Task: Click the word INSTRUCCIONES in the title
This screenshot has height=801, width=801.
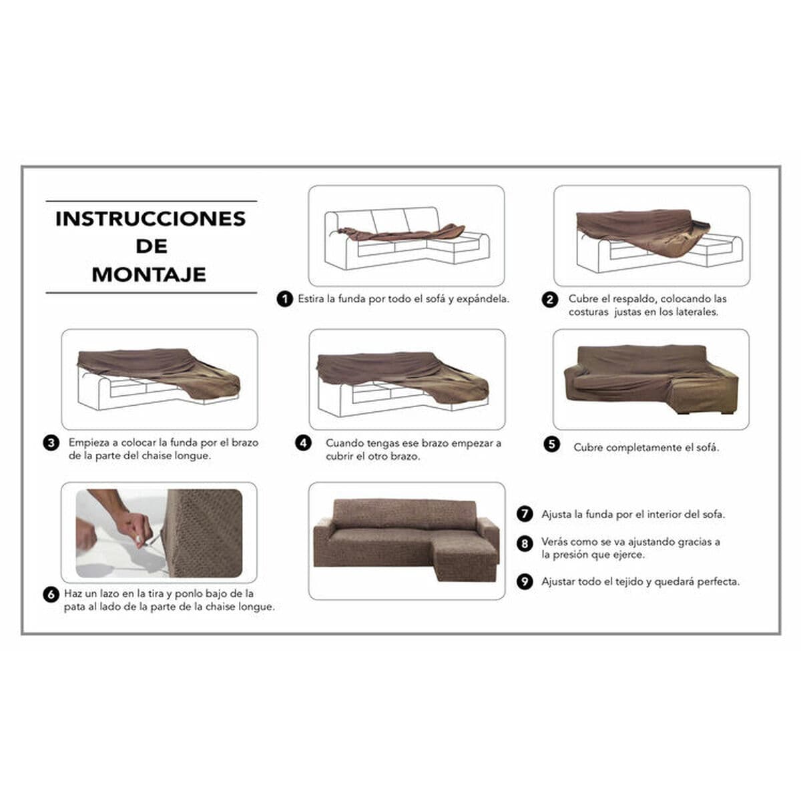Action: pos(150,219)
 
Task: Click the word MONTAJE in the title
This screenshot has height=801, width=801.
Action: pos(149,274)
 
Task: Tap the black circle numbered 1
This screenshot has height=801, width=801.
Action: pos(285,299)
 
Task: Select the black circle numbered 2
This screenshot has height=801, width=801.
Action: pos(549,300)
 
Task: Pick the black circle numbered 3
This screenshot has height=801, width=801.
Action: pos(51,443)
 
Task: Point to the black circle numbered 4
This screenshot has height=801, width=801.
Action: pos(304,443)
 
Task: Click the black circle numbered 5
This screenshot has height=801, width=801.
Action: pos(551,445)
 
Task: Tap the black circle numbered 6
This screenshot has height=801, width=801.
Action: pos(51,594)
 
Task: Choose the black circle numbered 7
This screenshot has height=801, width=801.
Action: pos(525,515)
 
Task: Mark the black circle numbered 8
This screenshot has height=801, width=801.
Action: pos(525,543)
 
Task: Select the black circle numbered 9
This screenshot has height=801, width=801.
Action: pos(525,582)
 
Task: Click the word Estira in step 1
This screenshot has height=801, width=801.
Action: pos(311,299)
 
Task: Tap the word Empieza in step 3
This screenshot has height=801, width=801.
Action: pos(89,443)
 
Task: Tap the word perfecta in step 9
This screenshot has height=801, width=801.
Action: pos(718,582)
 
